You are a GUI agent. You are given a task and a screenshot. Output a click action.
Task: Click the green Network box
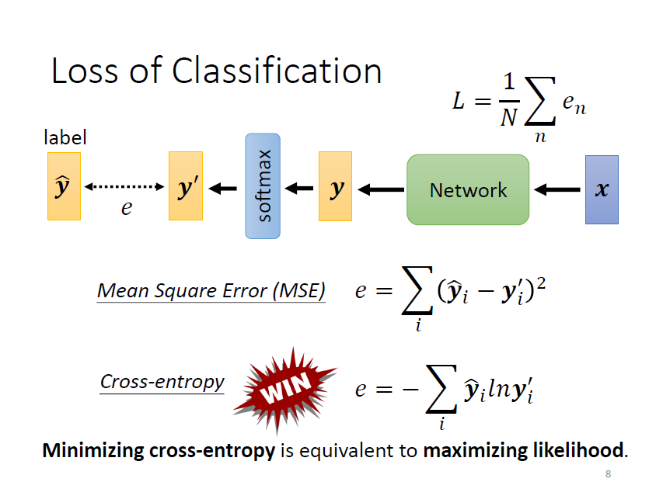tap(468, 189)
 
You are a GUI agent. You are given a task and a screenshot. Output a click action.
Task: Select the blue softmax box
tap(263, 186)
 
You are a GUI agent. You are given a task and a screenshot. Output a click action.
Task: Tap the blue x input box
tap(602, 189)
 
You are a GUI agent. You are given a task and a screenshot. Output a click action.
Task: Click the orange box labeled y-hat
tap(64, 186)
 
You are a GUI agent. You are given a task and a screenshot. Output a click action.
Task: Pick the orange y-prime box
tap(185, 186)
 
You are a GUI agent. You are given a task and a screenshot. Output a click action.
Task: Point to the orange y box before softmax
tap(335, 186)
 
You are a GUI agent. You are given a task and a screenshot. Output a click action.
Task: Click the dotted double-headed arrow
tap(124, 187)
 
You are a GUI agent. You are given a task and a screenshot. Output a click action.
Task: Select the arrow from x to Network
tap(558, 189)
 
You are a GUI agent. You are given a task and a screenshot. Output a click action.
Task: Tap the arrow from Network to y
tap(381, 189)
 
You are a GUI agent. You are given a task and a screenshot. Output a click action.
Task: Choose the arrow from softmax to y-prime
tap(225, 188)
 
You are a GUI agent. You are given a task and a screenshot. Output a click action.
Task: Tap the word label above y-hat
tap(65, 137)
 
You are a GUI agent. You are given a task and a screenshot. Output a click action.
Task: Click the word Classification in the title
tap(277, 71)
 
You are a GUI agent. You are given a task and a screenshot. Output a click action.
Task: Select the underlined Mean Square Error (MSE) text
tap(211, 291)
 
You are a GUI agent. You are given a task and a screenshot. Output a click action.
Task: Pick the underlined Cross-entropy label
tap(162, 382)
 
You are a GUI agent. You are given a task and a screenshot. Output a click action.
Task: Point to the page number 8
tap(608, 474)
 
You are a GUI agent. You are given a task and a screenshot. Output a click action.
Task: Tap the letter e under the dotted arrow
tap(126, 208)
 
